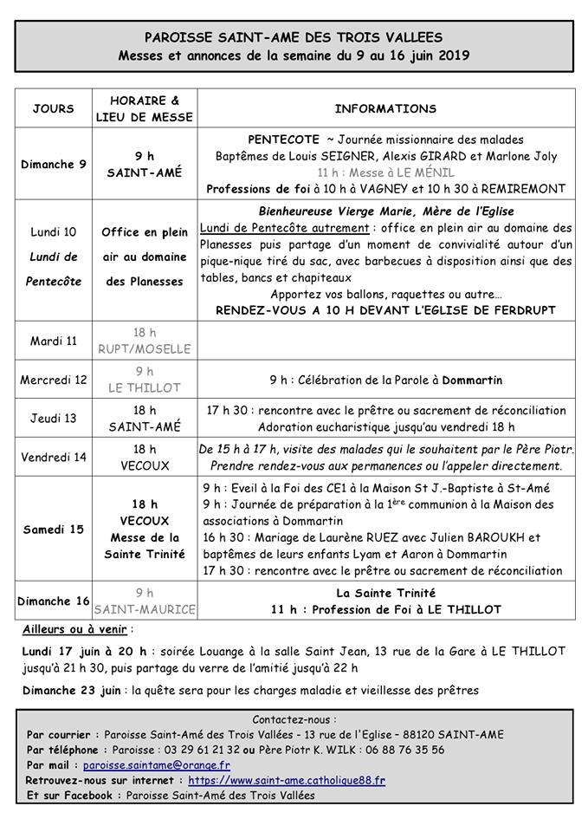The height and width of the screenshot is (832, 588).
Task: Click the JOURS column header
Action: pyautogui.click(x=54, y=109)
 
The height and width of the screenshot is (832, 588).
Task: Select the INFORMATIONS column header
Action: pyautogui.click(x=385, y=109)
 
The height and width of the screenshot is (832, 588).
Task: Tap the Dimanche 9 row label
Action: pyautogui.click(x=54, y=165)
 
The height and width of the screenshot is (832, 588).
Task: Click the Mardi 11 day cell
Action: pyautogui.click(x=54, y=341)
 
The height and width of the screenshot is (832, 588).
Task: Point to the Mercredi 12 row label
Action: pyautogui.click(x=54, y=380)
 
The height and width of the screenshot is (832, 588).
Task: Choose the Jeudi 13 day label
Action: pyautogui.click(x=54, y=418)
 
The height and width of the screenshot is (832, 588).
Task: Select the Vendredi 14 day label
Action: pyautogui.click(x=54, y=458)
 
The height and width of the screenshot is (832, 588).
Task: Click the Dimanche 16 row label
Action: pyautogui.click(x=54, y=601)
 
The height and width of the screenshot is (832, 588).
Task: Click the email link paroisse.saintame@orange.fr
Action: pyautogui.click(x=157, y=765)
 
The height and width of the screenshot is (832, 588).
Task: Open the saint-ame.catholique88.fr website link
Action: pyautogui.click(x=287, y=780)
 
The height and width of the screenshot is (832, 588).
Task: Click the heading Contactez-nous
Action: pyautogui.click(x=294, y=719)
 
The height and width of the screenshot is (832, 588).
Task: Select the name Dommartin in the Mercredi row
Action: pyautogui.click(x=470, y=380)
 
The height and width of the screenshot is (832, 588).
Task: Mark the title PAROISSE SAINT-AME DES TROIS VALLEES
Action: pyautogui.click(x=294, y=37)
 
